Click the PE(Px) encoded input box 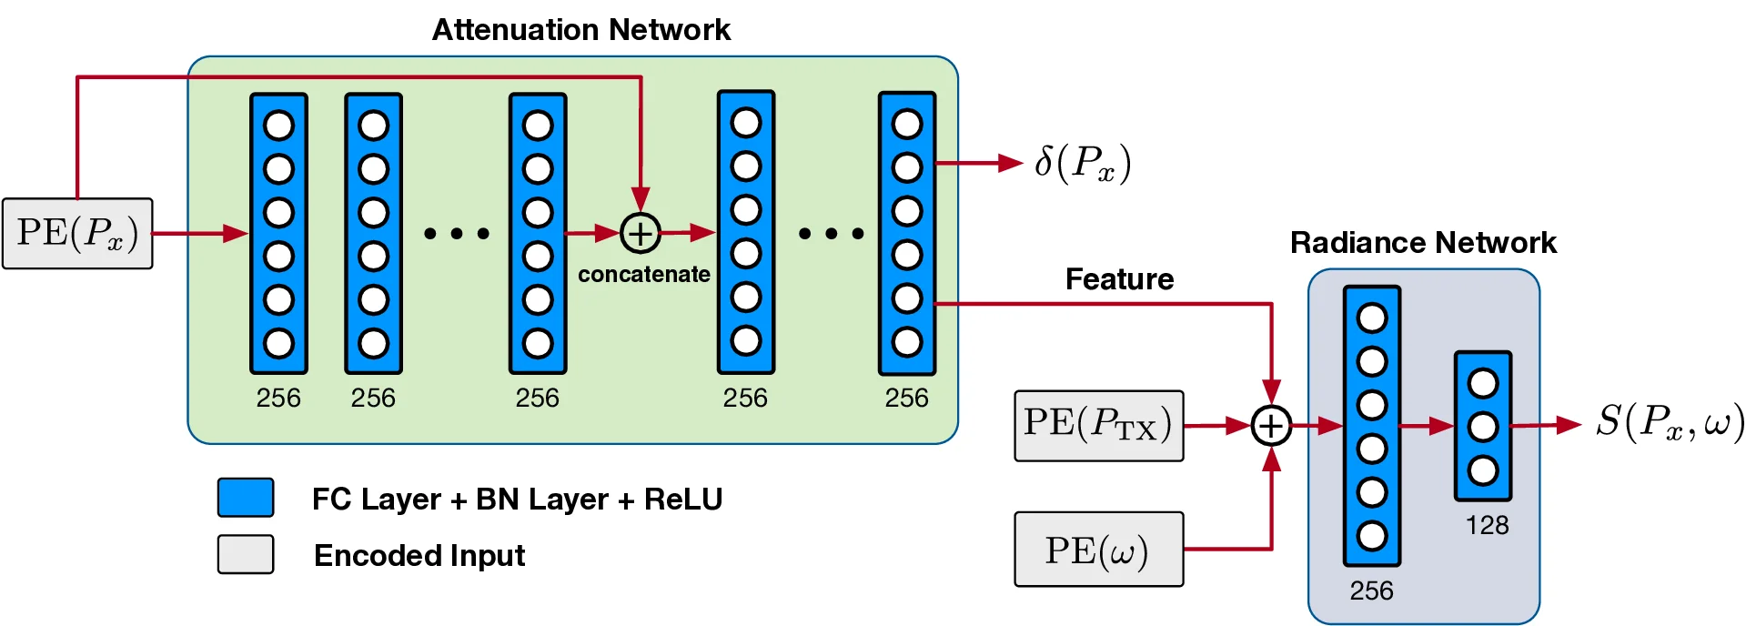click(x=77, y=234)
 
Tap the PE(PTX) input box click(x=1098, y=425)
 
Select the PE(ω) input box click(x=1098, y=550)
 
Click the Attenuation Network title click(x=580, y=30)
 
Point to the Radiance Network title click(x=1423, y=243)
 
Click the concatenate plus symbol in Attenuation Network click(x=641, y=234)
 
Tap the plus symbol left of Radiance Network click(x=1271, y=425)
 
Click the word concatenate click(x=643, y=274)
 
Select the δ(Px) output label click(x=1083, y=164)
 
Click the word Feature click(x=1119, y=279)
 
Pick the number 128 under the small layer click(x=1487, y=525)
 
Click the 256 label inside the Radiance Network click(x=1371, y=591)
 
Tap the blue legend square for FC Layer click(x=246, y=498)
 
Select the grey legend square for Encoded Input click(x=246, y=554)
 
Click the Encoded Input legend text click(x=419, y=555)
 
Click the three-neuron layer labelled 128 click(x=1483, y=426)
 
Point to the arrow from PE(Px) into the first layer click(x=200, y=234)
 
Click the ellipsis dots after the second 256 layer click(x=457, y=234)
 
